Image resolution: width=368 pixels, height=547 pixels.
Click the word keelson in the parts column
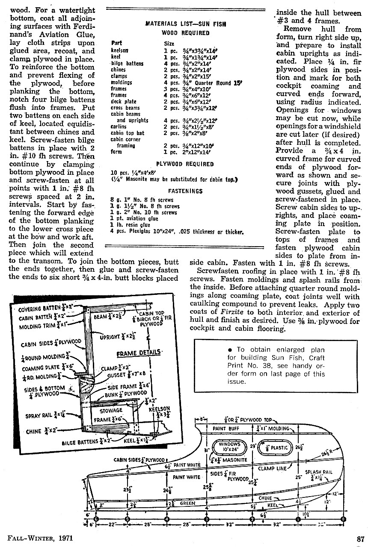point(119,50)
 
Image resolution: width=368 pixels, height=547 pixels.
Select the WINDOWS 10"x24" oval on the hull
point(230,447)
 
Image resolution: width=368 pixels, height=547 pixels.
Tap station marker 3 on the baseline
point(207,519)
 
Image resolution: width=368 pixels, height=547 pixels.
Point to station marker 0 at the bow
point(343,519)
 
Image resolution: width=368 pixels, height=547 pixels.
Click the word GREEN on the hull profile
point(187,503)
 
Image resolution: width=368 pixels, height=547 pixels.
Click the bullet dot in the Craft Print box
point(230,350)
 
